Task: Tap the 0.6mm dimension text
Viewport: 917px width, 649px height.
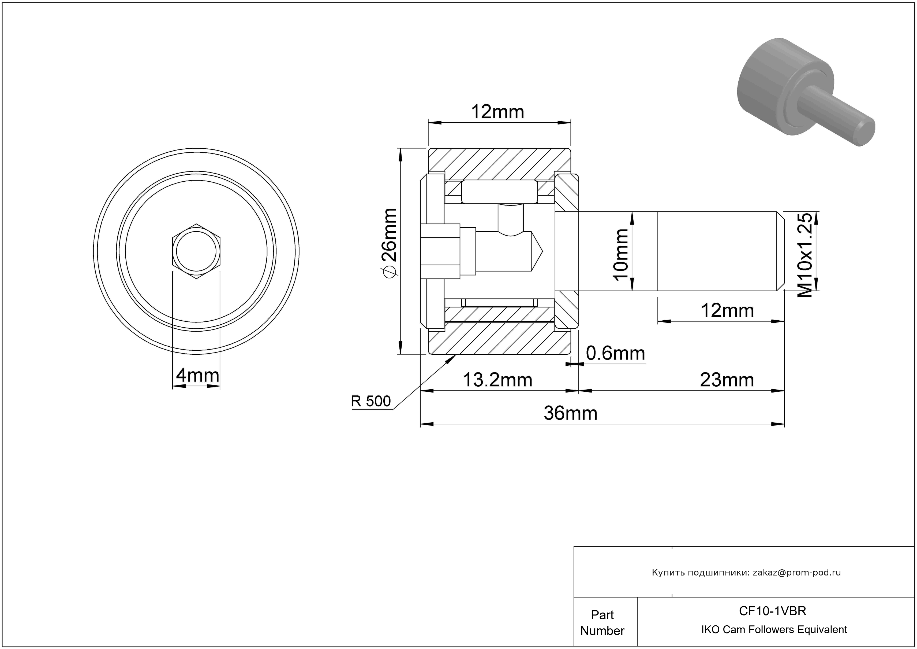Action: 615,354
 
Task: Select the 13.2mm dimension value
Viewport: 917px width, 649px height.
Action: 498,380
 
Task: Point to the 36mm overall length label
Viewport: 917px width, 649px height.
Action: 570,413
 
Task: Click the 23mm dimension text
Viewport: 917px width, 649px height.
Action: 727,380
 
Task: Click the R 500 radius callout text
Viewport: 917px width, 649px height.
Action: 371,401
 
